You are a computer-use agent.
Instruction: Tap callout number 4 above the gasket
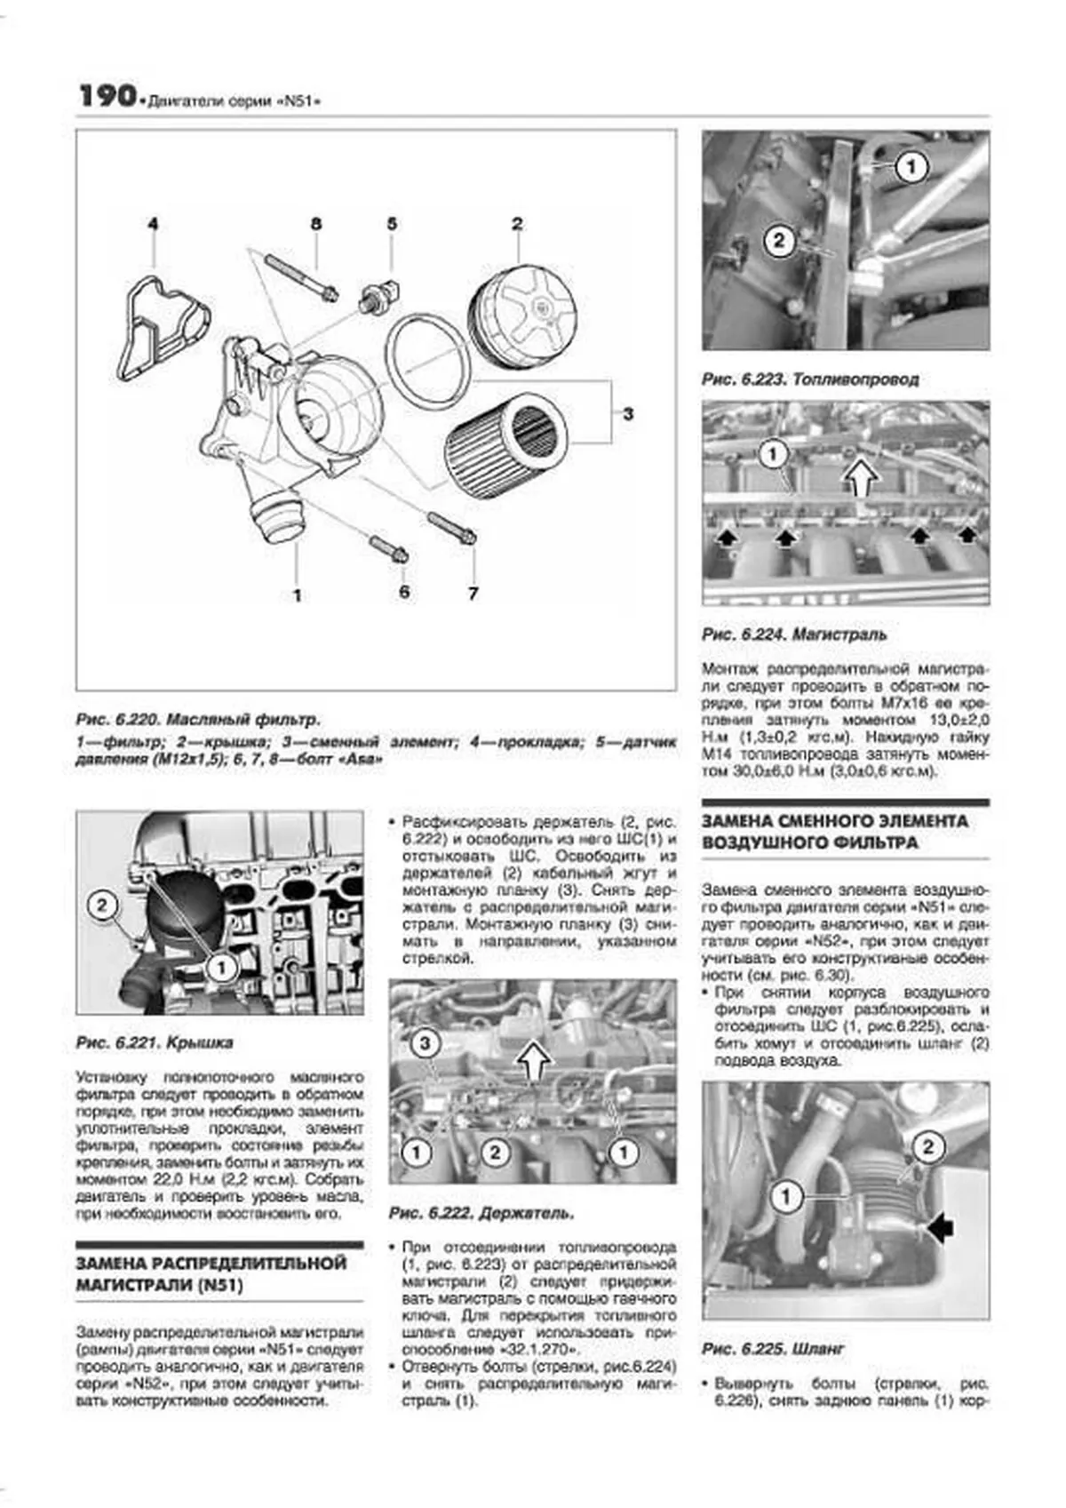(153, 224)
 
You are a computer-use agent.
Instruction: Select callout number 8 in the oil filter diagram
(315, 224)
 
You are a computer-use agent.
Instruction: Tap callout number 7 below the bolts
(473, 593)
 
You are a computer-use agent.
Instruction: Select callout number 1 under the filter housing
(297, 594)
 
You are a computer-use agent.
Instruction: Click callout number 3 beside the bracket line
(628, 413)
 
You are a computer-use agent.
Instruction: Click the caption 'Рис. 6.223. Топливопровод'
(809, 379)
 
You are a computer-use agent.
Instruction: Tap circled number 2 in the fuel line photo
(779, 240)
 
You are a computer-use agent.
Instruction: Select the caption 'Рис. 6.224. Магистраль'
(793, 634)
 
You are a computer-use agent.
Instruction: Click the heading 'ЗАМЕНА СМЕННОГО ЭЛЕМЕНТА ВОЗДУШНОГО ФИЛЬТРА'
(834, 831)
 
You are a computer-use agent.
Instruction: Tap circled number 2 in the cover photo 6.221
(102, 906)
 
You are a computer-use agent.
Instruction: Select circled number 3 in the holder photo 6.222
(425, 1042)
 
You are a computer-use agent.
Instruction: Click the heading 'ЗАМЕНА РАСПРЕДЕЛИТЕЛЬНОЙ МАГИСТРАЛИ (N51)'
(211, 1273)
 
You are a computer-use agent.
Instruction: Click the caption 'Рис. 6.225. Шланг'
(773, 1349)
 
